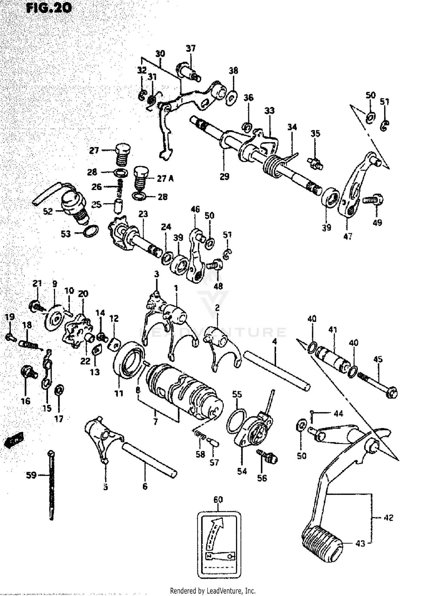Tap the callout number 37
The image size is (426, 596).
(x=191, y=48)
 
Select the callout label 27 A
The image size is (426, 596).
(x=165, y=179)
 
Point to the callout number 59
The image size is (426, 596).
(x=31, y=475)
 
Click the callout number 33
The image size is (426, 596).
(x=270, y=110)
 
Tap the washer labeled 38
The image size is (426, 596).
(x=232, y=97)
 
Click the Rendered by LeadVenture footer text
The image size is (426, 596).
(x=213, y=591)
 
